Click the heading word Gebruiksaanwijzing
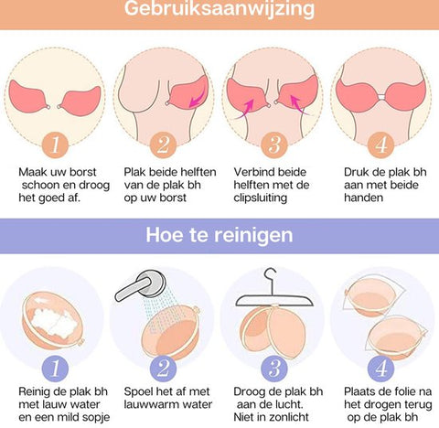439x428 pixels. pyautogui.click(x=219, y=8)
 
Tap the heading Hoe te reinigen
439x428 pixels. pyautogui.click(x=219, y=235)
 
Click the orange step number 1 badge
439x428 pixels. pyautogui.click(x=55, y=144)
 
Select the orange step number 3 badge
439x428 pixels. pyautogui.click(x=274, y=144)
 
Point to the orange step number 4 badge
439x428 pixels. pyautogui.click(x=381, y=144)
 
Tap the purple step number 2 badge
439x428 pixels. pyautogui.click(x=163, y=368)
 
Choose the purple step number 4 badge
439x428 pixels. pyautogui.click(x=381, y=368)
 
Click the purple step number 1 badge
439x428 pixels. pyautogui.click(x=55, y=368)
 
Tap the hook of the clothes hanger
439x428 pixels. pyautogui.click(x=271, y=275)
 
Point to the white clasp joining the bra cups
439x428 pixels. pyautogui.click(x=381, y=97)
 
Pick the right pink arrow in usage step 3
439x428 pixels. pyautogui.click(x=300, y=105)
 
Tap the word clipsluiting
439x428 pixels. pyautogui.click(x=261, y=198)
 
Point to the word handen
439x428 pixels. pyautogui.click(x=363, y=198)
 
